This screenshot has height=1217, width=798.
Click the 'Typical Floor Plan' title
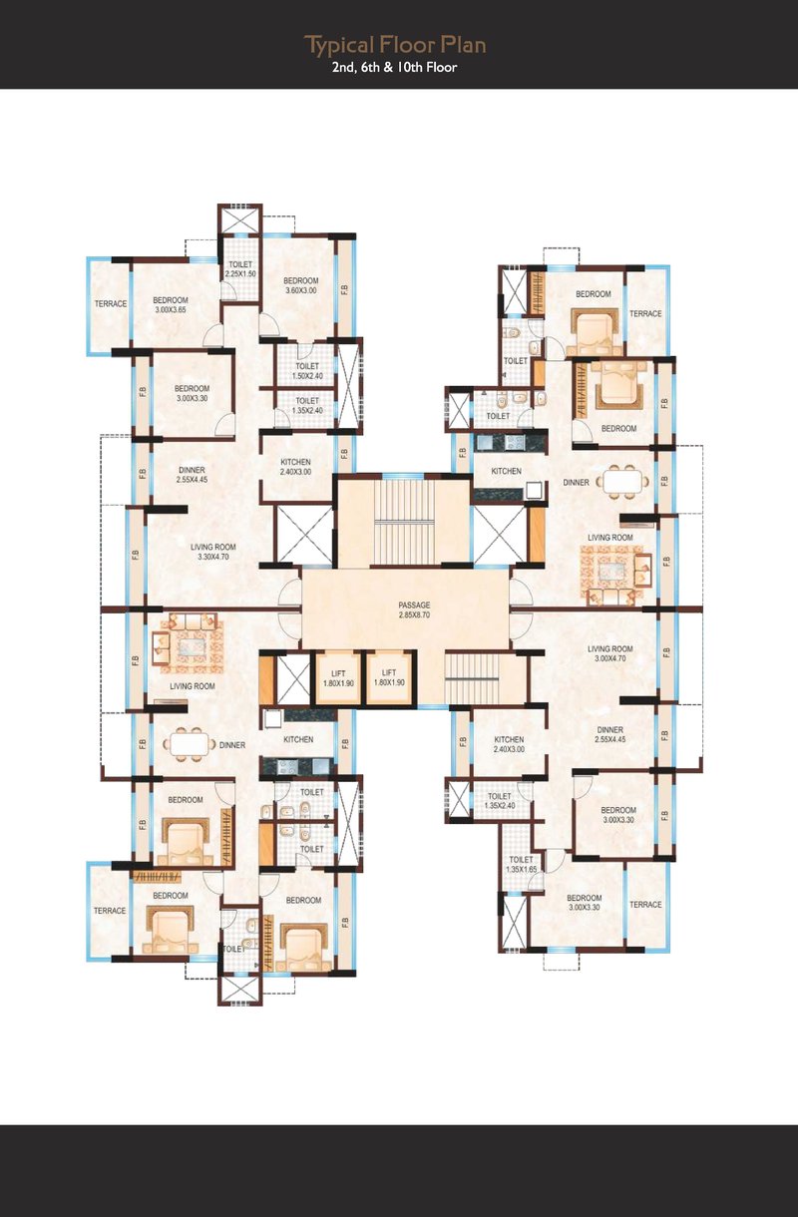pyautogui.click(x=395, y=45)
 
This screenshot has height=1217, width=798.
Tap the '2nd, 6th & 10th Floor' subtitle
pyautogui.click(x=395, y=68)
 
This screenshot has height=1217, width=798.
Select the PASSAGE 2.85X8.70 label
pyautogui.click(x=414, y=609)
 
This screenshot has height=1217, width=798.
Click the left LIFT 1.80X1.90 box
pyautogui.click(x=338, y=678)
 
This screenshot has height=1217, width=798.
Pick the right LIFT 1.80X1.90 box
pyautogui.click(x=389, y=677)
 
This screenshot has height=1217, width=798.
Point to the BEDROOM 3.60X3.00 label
pyautogui.click(x=301, y=285)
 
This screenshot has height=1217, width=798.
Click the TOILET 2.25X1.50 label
pyautogui.click(x=240, y=269)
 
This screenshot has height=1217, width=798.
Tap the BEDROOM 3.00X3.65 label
pyautogui.click(x=171, y=305)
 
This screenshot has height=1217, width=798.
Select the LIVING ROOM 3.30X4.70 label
pyautogui.click(x=212, y=552)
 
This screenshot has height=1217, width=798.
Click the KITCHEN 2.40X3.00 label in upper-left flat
pyautogui.click(x=295, y=467)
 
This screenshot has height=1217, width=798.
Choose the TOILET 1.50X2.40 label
pyautogui.click(x=307, y=371)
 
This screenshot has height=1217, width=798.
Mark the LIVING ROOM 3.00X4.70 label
pyautogui.click(x=610, y=653)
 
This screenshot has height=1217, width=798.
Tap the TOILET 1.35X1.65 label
pyautogui.click(x=521, y=864)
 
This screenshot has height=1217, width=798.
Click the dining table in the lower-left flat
pyautogui.click(x=190, y=744)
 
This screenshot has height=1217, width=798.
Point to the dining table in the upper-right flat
pyautogui.click(x=622, y=482)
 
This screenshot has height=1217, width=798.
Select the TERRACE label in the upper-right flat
pyautogui.click(x=645, y=313)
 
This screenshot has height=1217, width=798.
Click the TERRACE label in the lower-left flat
pyautogui.click(x=110, y=910)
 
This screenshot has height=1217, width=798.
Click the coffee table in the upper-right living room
pyautogui.click(x=610, y=573)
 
